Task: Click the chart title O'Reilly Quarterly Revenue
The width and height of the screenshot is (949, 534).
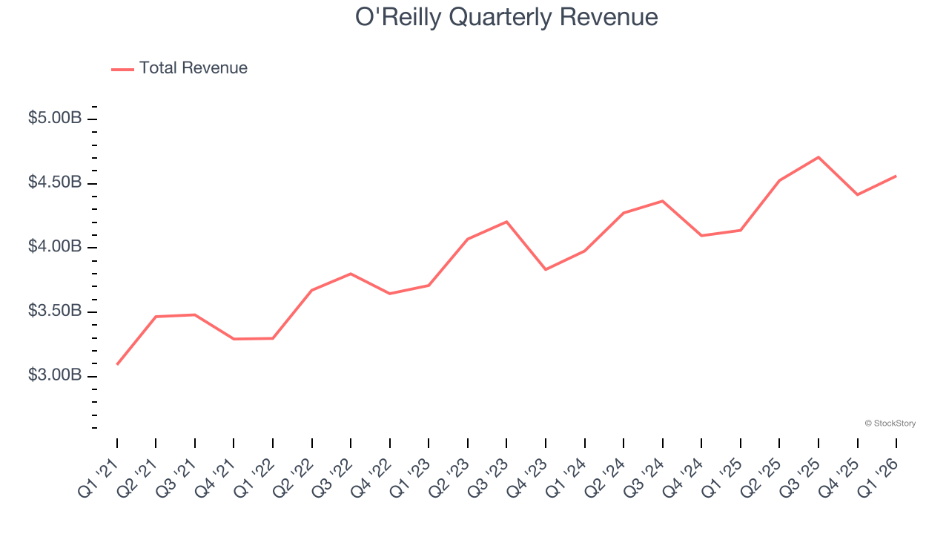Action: (x=506, y=17)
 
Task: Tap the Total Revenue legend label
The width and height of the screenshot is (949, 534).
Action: (x=193, y=68)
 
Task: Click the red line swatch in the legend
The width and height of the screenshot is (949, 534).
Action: (x=122, y=69)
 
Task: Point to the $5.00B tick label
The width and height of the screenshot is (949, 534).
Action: (x=55, y=118)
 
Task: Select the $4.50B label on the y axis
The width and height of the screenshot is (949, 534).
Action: (x=55, y=182)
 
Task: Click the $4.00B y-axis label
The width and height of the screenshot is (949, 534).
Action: (x=55, y=247)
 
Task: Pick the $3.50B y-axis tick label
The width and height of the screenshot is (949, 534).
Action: (x=55, y=311)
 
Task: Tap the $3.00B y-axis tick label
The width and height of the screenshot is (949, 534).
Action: (x=55, y=376)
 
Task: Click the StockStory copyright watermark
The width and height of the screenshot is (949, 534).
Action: (x=890, y=423)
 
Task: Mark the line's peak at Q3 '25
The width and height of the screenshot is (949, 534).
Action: (x=819, y=157)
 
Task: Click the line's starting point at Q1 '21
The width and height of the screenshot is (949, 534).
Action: (x=117, y=364)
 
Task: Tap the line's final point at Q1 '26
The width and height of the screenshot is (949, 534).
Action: (x=896, y=176)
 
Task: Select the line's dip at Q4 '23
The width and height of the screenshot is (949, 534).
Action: (x=546, y=269)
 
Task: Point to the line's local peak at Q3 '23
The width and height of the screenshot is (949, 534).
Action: (x=506, y=222)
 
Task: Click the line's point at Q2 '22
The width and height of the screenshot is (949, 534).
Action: (x=312, y=290)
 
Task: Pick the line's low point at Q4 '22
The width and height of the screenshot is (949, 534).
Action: (x=390, y=294)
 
